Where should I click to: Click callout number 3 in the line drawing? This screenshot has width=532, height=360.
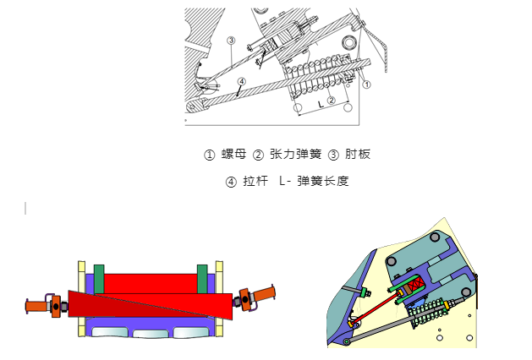pos(231,41)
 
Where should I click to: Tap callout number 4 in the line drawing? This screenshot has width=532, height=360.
pos(242,81)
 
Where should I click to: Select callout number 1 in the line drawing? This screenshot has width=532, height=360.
pos(366,84)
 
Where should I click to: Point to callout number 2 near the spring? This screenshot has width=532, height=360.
pos(332,100)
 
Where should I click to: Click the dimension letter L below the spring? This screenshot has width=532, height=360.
pos(321,105)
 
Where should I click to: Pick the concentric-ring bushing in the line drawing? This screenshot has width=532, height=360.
pos(348,42)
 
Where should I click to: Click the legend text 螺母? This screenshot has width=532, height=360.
pos(233,154)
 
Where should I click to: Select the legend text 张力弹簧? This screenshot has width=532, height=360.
pos(295,154)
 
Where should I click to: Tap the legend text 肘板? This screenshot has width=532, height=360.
pos(358,154)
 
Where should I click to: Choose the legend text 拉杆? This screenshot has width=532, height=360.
pos(255,181)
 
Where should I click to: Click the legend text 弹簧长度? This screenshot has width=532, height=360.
pos(323,181)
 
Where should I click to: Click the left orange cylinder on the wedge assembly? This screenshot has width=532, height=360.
pos(36,306)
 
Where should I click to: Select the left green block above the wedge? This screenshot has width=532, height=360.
pos(99,279)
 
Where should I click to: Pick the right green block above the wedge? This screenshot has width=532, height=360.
pos(202,279)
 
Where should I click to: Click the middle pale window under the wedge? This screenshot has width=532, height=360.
pos(151,334)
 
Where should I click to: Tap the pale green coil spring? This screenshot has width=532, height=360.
pos(427,314)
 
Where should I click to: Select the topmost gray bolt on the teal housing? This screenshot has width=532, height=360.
pos(435,237)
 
